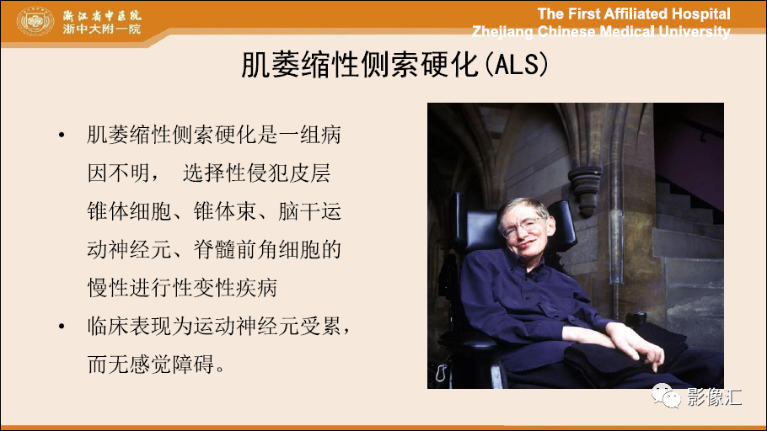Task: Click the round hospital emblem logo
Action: (x=35, y=22)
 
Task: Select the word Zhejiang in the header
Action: (x=502, y=32)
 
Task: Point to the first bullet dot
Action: (x=62, y=135)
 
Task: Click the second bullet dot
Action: (x=62, y=326)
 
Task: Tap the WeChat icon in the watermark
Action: (x=665, y=396)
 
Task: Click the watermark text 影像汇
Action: (x=715, y=396)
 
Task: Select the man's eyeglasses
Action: (x=522, y=227)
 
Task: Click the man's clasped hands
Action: (x=636, y=342)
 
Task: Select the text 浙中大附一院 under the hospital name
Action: (x=101, y=29)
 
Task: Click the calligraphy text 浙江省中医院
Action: (x=101, y=14)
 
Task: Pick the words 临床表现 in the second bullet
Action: (x=130, y=326)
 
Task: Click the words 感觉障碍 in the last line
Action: (x=172, y=364)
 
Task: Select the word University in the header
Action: (x=695, y=32)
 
